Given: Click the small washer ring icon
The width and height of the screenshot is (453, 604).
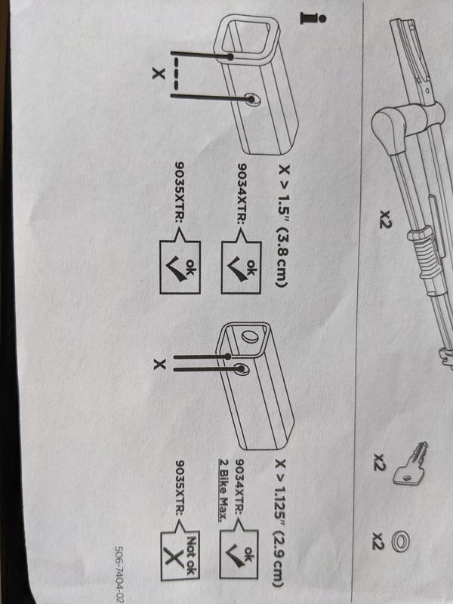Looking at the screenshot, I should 405,539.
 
